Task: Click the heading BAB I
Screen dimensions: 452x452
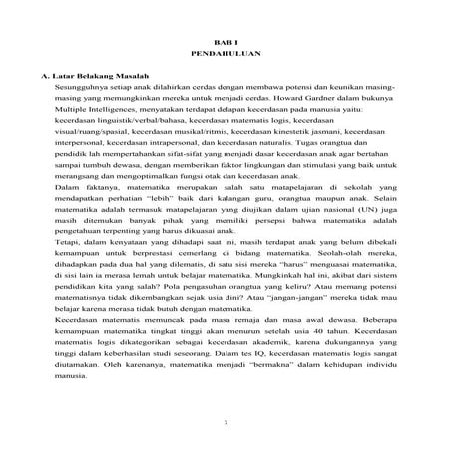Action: tap(225, 36)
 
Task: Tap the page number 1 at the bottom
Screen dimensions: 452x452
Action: tap(226, 423)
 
